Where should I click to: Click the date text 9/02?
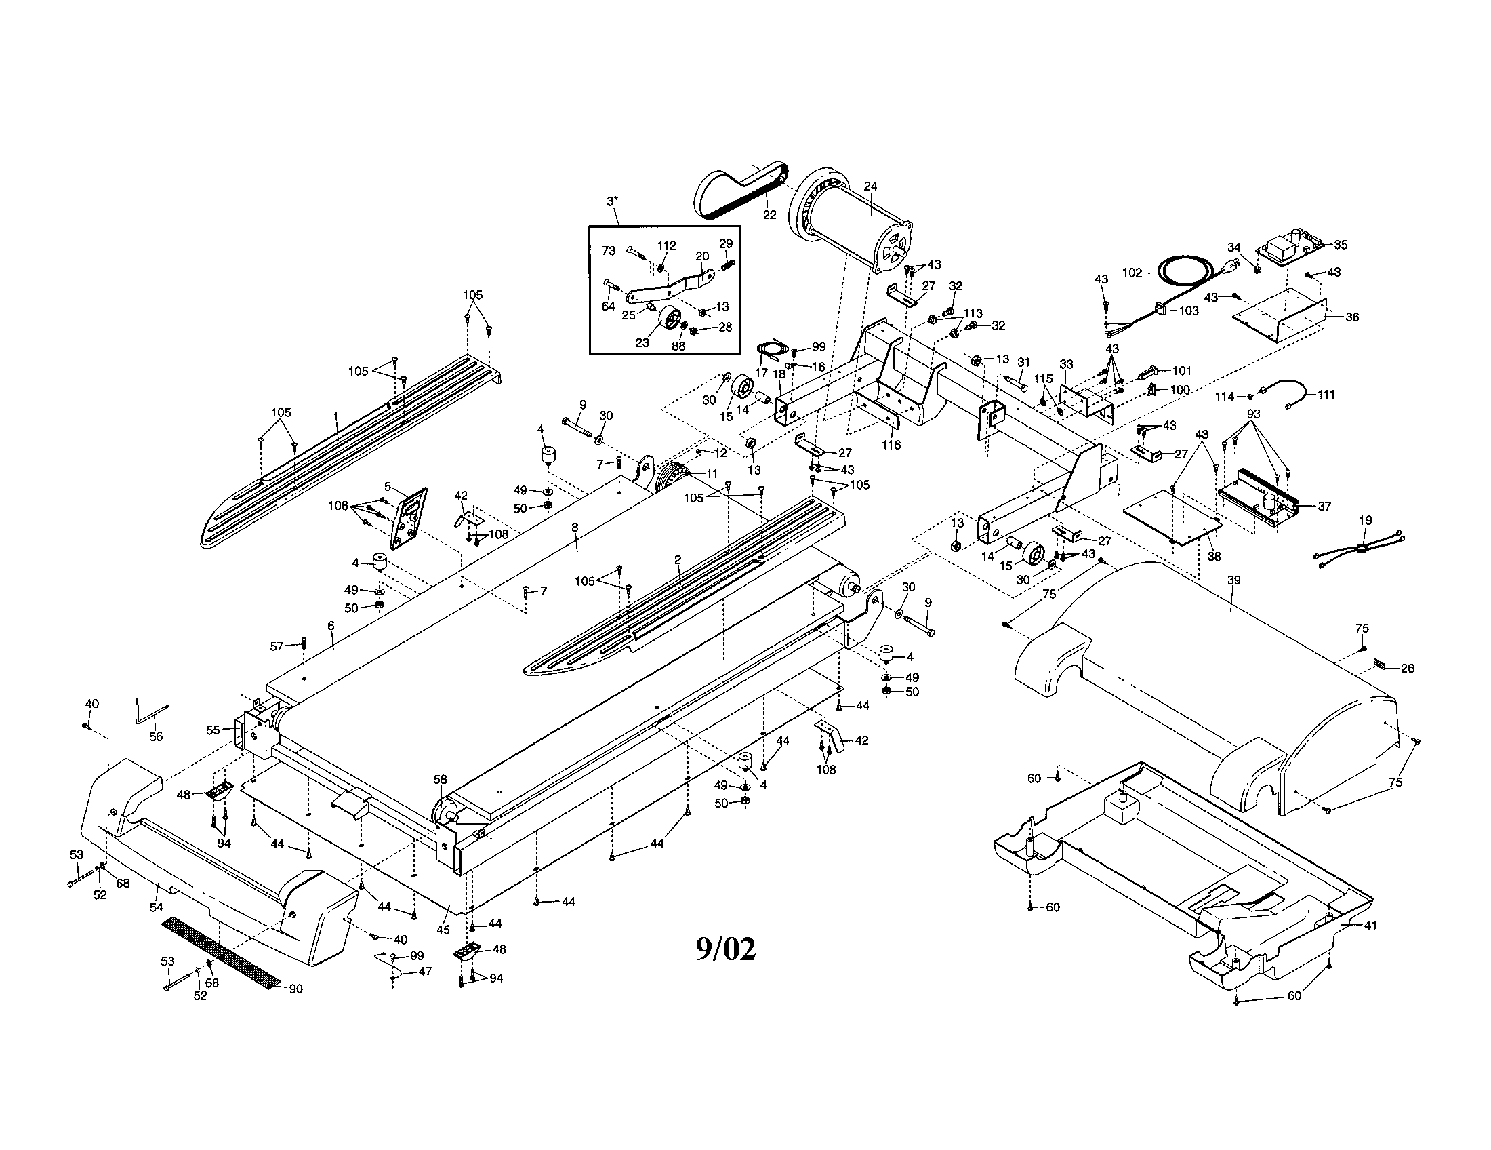[x=725, y=949]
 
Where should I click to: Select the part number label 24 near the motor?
[x=870, y=186]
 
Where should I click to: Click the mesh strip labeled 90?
[x=220, y=951]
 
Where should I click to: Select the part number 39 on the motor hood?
[x=1233, y=580]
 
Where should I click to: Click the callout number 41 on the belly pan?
[x=1370, y=926]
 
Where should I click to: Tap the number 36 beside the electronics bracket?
[x=1352, y=317]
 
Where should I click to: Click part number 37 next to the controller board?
[x=1324, y=506]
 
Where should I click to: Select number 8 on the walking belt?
[x=575, y=528]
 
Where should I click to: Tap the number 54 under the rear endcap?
[x=157, y=906]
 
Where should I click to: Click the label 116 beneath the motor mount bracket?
[x=891, y=445]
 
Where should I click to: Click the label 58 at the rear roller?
[x=441, y=779]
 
